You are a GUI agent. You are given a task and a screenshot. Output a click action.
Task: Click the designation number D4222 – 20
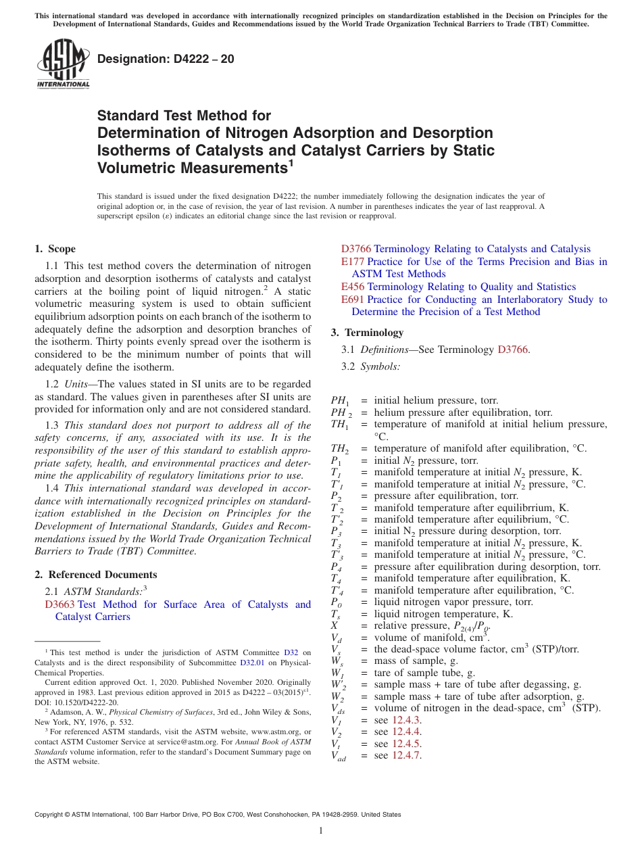tap(166, 59)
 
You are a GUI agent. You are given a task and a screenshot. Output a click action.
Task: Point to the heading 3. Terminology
tap(367, 333)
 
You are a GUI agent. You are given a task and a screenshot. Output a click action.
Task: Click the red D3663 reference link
tap(59, 604)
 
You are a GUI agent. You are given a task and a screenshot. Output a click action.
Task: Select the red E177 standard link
tap(352, 262)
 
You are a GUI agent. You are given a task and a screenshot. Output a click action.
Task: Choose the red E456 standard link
tap(353, 287)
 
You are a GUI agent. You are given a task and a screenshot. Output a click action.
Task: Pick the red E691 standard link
tap(353, 300)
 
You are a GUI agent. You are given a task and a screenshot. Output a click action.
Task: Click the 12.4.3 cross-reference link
tap(407, 720)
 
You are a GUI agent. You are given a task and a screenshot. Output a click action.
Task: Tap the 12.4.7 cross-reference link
tap(407, 756)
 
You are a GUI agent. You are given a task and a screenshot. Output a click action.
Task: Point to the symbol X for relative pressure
tap(335, 625)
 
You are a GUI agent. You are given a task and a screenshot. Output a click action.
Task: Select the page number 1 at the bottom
tap(321, 831)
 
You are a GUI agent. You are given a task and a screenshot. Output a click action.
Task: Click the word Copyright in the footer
tap(49, 815)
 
